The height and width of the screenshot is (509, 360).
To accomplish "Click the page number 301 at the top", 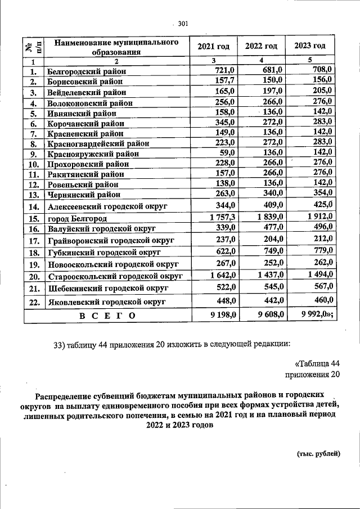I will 182,24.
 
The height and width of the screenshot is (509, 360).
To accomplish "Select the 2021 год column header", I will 213,46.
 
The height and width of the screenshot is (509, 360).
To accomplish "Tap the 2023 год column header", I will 310,46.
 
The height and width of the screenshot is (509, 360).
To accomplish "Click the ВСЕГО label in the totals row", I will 107,316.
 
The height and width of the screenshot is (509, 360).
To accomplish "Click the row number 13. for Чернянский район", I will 33,195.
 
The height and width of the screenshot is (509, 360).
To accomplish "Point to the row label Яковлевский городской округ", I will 106,301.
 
